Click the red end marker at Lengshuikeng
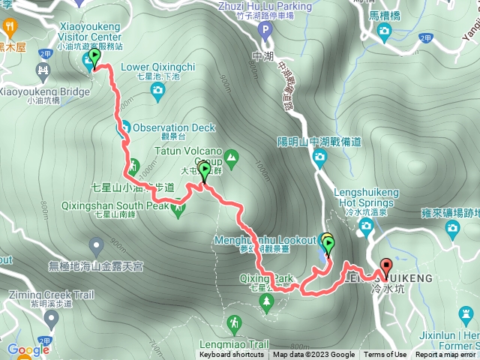[x=386, y=267]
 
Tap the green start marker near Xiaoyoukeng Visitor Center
[x=94, y=58]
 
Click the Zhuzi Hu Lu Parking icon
[x=264, y=30]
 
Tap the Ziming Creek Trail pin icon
[x=50, y=320]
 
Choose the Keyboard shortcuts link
[x=232, y=355]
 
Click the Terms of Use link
[x=385, y=355]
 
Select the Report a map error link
[x=445, y=355]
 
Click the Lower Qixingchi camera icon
[x=157, y=91]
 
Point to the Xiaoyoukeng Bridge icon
[x=42, y=73]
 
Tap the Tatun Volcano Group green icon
[x=231, y=158]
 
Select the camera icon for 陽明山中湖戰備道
[x=319, y=157]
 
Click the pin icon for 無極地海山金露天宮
[x=96, y=245]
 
